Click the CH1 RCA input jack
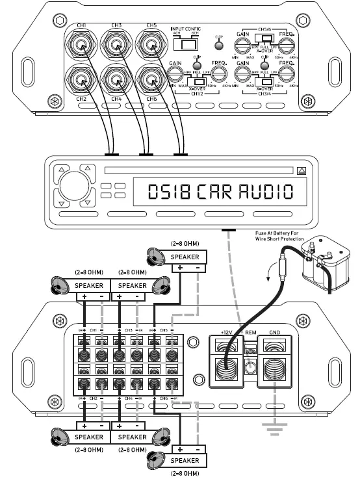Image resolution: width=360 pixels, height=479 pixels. coord(83,46)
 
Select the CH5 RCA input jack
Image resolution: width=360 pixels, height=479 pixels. coord(151,46)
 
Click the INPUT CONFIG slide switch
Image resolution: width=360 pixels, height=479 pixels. coord(189,45)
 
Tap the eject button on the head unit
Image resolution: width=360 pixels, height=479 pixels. coord(301,172)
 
